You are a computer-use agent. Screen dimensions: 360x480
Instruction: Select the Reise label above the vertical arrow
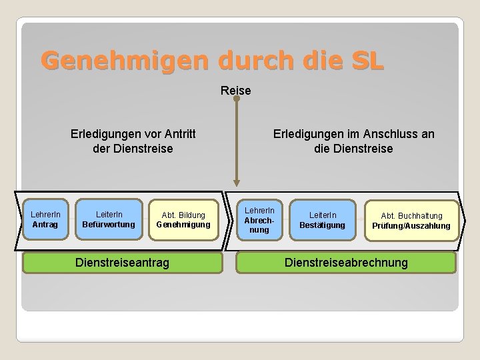pyautogui.click(x=236, y=90)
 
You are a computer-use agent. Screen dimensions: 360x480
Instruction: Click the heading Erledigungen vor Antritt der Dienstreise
pyautogui.click(x=133, y=141)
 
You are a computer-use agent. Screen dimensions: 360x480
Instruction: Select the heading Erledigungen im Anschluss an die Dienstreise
pyautogui.click(x=353, y=141)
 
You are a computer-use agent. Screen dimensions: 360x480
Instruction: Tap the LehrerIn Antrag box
pyautogui.click(x=45, y=220)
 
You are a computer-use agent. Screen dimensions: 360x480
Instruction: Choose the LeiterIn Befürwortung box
pyautogui.click(x=108, y=220)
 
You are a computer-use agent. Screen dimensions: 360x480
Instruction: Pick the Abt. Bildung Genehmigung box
pyautogui.click(x=183, y=220)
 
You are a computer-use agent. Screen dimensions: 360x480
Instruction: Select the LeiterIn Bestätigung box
pyautogui.click(x=322, y=220)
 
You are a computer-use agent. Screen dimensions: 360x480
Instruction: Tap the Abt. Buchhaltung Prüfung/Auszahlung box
pyautogui.click(x=411, y=221)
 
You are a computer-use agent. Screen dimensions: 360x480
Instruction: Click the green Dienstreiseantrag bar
pyautogui.click(x=122, y=263)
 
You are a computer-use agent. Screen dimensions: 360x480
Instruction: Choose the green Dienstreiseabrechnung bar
pyautogui.click(x=346, y=263)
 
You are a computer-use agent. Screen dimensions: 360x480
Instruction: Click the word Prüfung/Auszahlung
pyautogui.click(x=411, y=226)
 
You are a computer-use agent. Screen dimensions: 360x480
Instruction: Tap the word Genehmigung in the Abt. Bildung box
pyautogui.click(x=183, y=225)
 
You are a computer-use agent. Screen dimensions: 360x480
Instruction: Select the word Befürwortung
pyautogui.click(x=108, y=225)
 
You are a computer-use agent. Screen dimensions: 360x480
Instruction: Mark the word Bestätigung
pyautogui.click(x=322, y=225)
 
